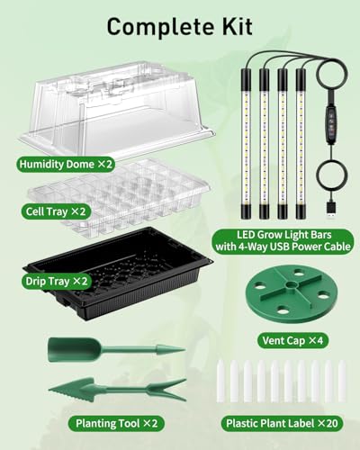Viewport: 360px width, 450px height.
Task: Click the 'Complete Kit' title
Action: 179,27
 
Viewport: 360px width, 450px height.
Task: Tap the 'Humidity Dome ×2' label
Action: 66,164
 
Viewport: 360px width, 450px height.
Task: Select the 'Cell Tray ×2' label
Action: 56,211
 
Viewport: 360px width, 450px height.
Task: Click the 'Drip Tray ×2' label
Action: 57,281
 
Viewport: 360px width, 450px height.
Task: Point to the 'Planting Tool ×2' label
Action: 116,423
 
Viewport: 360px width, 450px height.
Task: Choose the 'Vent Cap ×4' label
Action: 292,340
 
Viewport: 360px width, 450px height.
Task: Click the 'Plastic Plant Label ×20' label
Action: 282,423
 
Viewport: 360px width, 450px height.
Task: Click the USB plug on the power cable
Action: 331,211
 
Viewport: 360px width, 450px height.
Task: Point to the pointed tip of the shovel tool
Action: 184,350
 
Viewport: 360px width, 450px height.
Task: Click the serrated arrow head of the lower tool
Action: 71,389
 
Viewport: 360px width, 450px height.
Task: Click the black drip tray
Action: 119,274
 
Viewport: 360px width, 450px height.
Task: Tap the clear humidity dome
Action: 117,110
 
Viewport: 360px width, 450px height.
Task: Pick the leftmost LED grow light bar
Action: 246,143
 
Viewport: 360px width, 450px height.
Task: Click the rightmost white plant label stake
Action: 341,381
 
